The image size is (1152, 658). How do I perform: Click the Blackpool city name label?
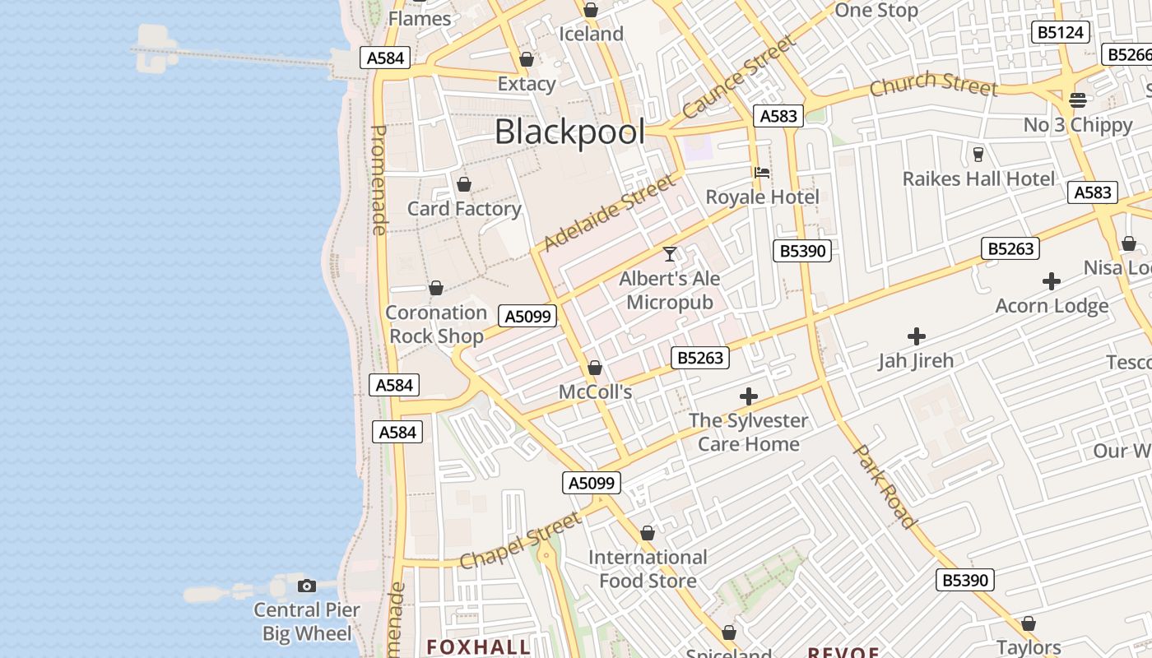[x=569, y=132]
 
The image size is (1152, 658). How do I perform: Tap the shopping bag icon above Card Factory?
[x=464, y=184]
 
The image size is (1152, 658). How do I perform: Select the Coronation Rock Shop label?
[x=436, y=324]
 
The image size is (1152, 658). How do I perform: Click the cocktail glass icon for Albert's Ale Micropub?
[x=670, y=254]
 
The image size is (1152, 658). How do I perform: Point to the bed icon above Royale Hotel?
[x=762, y=173]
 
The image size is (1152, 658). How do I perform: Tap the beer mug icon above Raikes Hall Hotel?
[x=978, y=154]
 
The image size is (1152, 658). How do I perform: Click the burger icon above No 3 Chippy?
[x=1078, y=100]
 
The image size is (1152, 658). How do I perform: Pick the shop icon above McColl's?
[x=595, y=368]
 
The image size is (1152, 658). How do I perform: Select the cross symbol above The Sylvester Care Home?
[x=748, y=396]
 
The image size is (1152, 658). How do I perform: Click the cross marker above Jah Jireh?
[x=916, y=336]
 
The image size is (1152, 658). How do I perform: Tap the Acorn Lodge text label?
[x=1052, y=306]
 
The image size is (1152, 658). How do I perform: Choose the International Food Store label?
[x=648, y=569]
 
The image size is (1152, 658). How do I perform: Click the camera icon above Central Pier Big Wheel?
[x=307, y=586]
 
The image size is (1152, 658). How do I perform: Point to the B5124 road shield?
[x=1061, y=32]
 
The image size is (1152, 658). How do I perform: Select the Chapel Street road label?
[x=520, y=540]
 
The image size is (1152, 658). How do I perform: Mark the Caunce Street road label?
[x=739, y=76]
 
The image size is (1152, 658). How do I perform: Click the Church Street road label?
[x=933, y=84]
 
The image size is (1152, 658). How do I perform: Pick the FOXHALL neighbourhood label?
[x=478, y=646]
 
